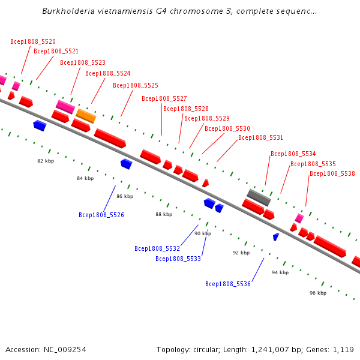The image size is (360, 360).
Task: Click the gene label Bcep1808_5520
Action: coord(33,42)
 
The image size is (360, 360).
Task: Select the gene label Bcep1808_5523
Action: coord(83,62)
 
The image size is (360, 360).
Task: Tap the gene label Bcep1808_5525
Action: coord(136,85)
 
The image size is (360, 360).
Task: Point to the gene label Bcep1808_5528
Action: coord(186,109)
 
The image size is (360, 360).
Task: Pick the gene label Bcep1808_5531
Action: coord(260,137)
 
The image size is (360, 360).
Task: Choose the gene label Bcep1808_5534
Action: coord(293,154)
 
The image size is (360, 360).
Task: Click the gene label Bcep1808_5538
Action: coord(332,173)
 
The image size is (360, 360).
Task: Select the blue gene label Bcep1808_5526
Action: coord(101,215)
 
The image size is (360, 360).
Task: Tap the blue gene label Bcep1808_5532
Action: coord(157,248)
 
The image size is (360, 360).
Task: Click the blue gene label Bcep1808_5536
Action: coord(228,284)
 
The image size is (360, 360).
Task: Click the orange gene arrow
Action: coord(86,115)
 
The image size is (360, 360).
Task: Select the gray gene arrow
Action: coord(259,196)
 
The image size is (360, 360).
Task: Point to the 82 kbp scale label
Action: coord(46,161)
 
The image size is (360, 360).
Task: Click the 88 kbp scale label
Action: coord(164,214)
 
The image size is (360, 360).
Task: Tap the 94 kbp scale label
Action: coord(280,272)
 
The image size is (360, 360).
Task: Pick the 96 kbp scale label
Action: coord(318,293)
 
